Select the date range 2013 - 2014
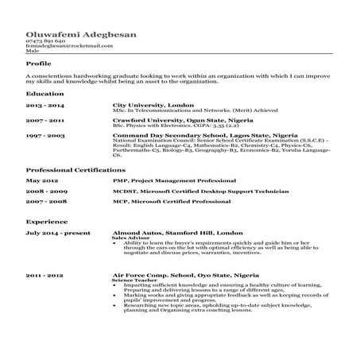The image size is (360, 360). coord(45,106)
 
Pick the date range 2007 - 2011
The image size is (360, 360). coord(45,121)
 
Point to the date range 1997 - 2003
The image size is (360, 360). coord(45,136)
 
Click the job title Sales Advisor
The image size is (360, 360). coord(131,238)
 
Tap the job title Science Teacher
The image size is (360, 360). coord(134,279)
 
